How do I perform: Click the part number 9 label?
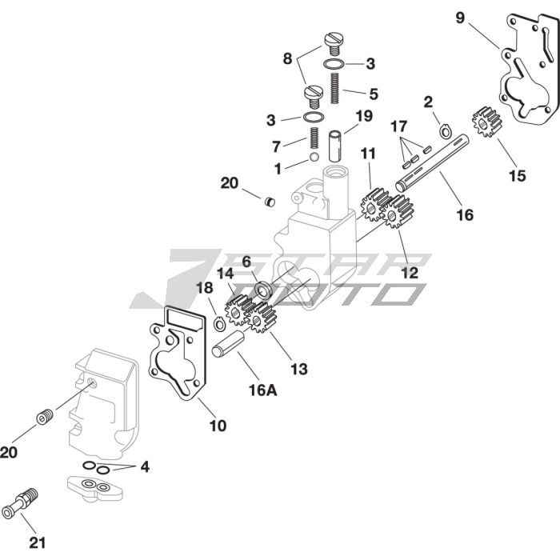[460, 17]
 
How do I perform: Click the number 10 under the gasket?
[218, 426]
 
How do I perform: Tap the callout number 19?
[363, 115]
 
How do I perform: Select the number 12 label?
[409, 272]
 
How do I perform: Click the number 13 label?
[298, 369]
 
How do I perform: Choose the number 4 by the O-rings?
[144, 466]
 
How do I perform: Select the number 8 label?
[288, 58]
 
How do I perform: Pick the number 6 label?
[246, 262]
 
